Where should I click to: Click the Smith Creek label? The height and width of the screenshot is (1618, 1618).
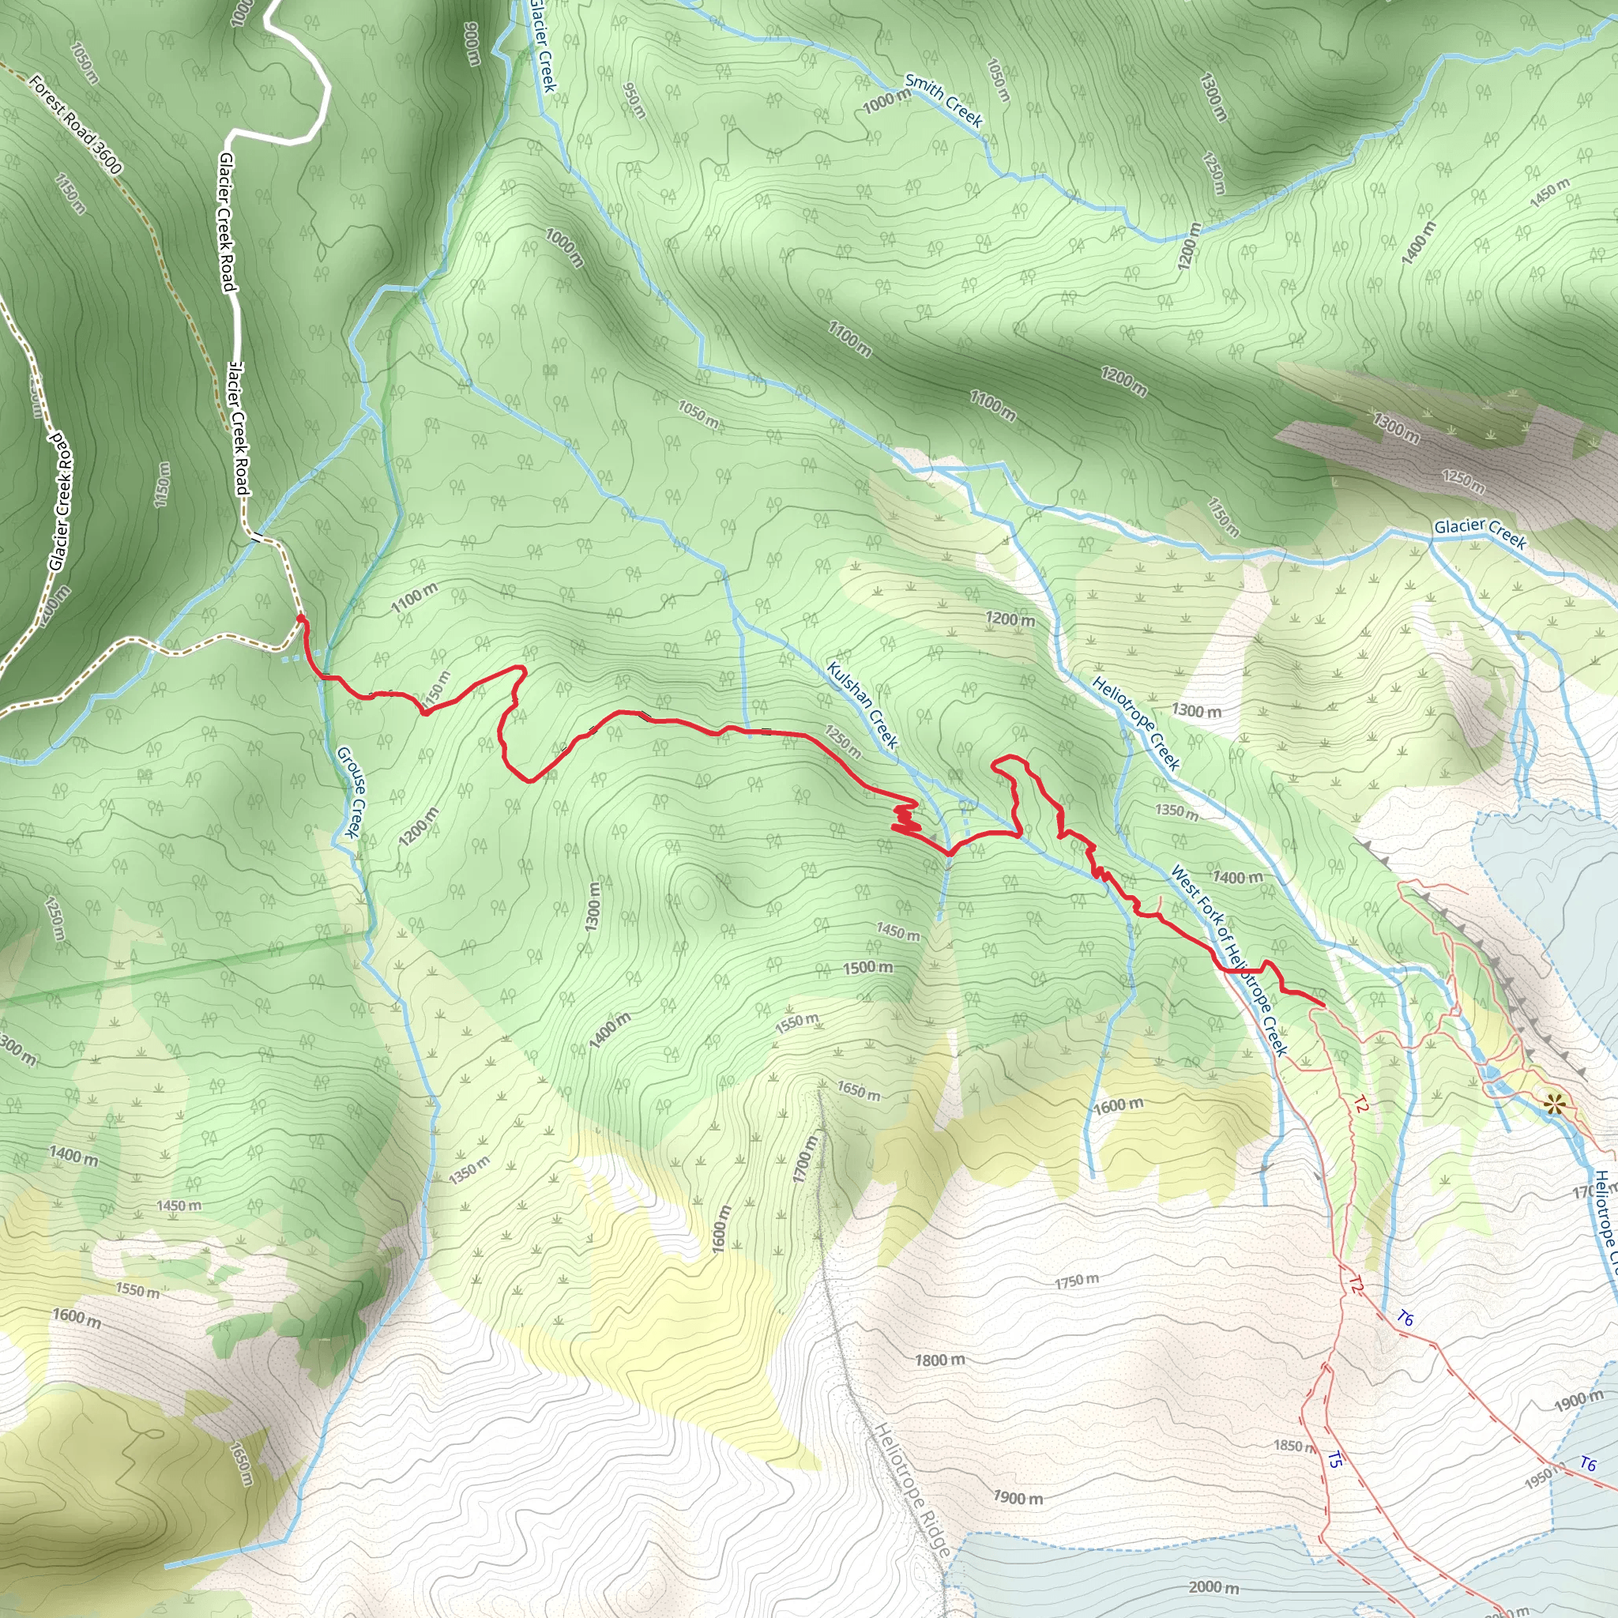click(943, 100)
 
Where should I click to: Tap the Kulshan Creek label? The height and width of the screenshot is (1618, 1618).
click(862, 704)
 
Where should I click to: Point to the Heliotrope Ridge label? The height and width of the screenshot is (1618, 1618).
click(912, 1490)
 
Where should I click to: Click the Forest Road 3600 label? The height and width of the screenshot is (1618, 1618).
click(75, 124)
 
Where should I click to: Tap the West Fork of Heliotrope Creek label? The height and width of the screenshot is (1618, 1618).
click(1228, 960)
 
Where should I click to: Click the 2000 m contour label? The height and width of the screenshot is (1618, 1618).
click(1213, 1587)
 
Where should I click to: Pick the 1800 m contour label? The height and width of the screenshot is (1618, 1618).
click(939, 1360)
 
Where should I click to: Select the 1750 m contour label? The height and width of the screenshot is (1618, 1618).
click(1076, 1281)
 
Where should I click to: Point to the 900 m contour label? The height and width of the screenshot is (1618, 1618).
click(472, 43)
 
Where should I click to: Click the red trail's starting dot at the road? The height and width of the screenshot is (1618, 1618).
click(299, 618)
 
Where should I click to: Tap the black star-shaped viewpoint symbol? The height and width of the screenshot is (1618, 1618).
click(1554, 1104)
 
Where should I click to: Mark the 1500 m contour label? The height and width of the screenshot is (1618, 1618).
click(867, 967)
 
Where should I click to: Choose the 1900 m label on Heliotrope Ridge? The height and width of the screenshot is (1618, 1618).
click(1018, 1497)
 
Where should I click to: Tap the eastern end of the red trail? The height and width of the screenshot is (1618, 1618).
click(1323, 1003)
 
